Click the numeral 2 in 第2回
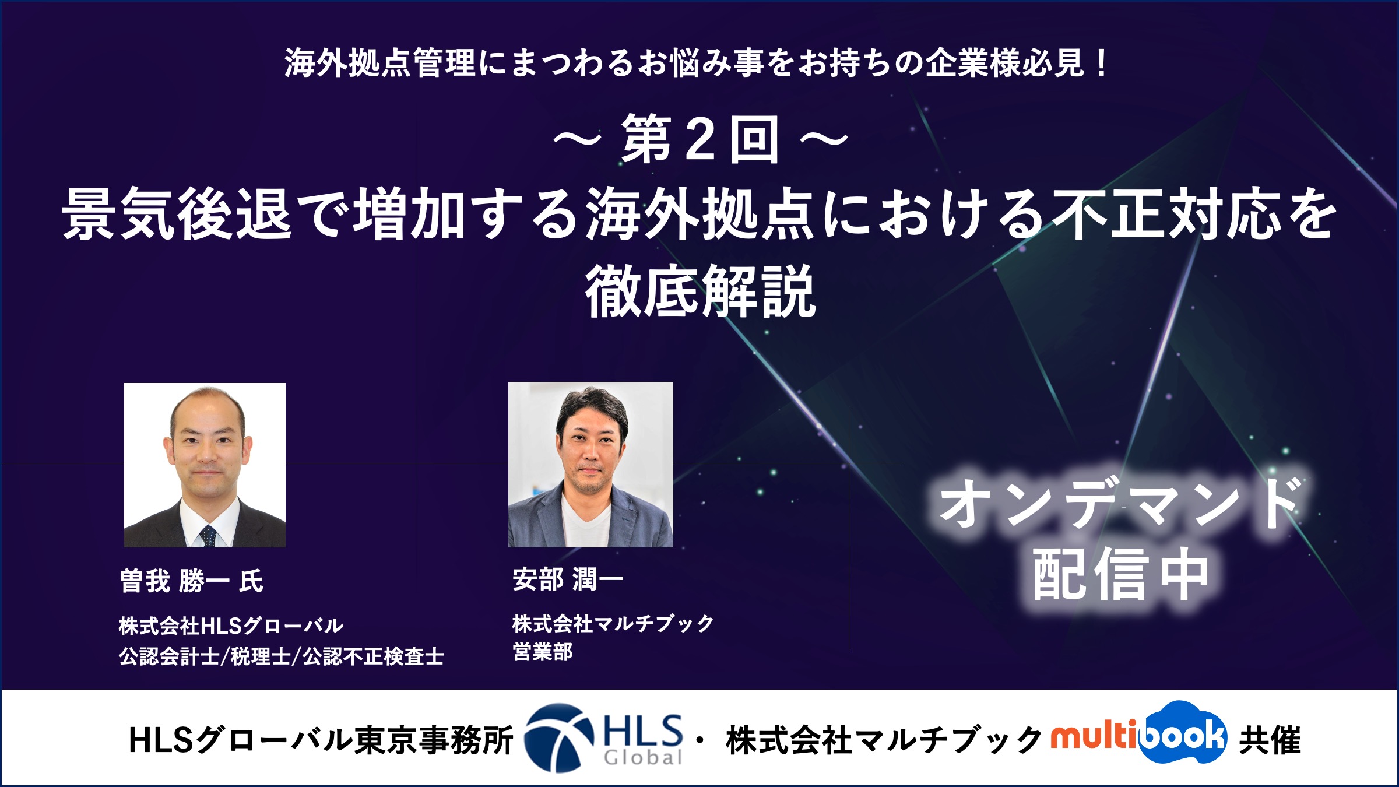click(700, 139)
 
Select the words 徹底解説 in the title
click(700, 291)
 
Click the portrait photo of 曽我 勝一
click(205, 465)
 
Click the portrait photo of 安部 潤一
click(590, 465)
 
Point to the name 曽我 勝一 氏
click(192, 581)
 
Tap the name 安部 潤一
click(568, 579)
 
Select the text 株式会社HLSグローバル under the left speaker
click(231, 626)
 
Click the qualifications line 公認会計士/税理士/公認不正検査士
click(282, 656)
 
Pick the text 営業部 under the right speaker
click(543, 651)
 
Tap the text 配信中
click(1120, 575)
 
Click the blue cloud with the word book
click(1183, 732)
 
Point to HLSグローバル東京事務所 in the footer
click(321, 740)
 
